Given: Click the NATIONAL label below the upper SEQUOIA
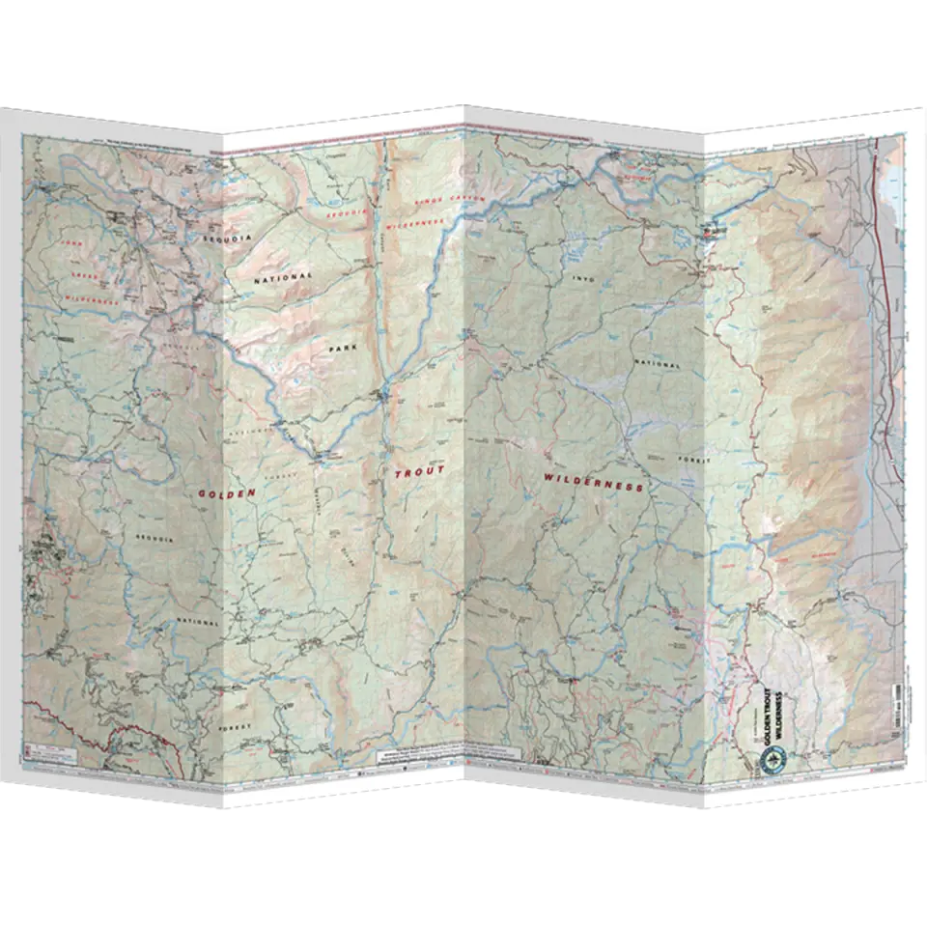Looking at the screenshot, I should pyautogui.click(x=283, y=277).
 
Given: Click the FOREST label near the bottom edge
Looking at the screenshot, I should pyautogui.click(x=235, y=724).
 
